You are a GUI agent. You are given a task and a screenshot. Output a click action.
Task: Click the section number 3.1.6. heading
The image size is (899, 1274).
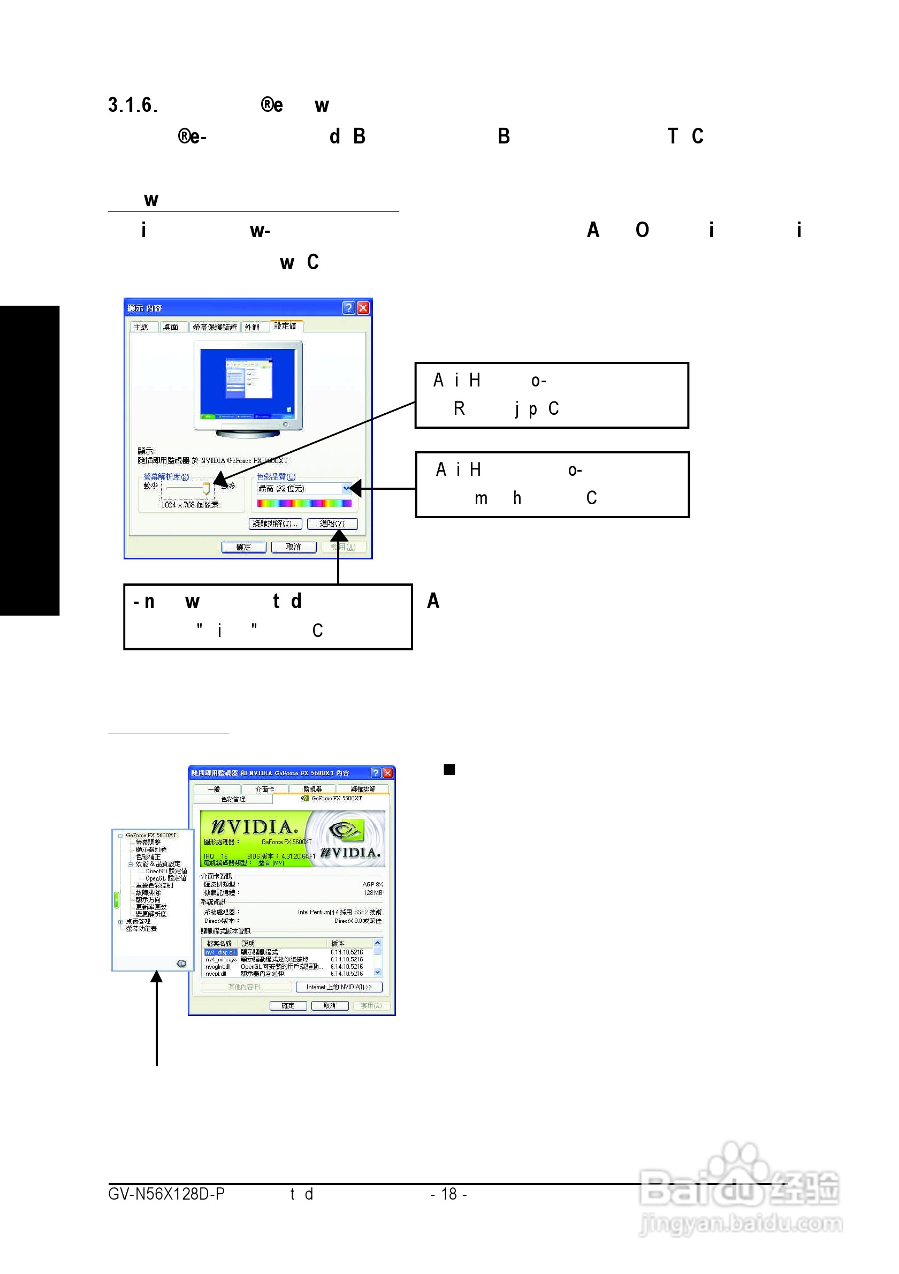(x=133, y=105)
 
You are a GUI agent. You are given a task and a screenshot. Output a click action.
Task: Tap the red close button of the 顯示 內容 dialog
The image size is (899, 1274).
(x=363, y=308)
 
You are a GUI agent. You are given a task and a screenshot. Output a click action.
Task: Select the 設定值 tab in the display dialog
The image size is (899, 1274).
(x=285, y=325)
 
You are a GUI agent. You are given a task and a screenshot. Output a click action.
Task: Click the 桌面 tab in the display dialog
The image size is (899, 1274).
(x=170, y=327)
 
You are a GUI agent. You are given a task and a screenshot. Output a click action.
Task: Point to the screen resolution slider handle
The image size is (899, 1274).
(x=207, y=488)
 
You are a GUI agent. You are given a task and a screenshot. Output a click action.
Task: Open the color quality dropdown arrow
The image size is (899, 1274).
(x=347, y=488)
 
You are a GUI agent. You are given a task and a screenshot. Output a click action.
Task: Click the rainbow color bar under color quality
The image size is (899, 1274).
(x=304, y=503)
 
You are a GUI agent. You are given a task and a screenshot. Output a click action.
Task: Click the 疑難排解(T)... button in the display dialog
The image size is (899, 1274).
(x=275, y=524)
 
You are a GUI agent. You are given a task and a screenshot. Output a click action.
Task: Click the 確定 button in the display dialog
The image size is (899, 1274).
(x=243, y=547)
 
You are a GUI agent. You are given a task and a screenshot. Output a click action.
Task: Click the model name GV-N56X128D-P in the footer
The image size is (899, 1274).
(x=166, y=1194)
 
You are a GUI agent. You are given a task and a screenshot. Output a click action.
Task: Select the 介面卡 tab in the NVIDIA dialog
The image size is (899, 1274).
(x=264, y=788)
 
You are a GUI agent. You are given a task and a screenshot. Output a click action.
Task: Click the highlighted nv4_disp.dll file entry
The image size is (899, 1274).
(x=220, y=952)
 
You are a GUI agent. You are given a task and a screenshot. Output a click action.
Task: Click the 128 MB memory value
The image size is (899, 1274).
(x=372, y=893)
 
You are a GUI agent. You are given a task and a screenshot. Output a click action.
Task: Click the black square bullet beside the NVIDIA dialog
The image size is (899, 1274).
(x=449, y=770)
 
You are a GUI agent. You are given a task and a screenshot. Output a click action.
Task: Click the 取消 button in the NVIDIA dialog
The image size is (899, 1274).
(x=330, y=1005)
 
